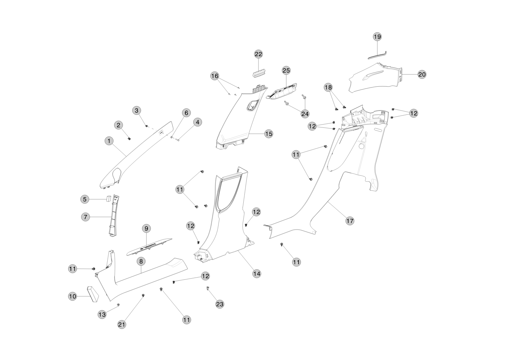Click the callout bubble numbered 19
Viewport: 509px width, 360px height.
coord(377,37)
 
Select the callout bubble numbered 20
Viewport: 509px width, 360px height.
coord(422,75)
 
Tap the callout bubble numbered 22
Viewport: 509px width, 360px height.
coord(258,54)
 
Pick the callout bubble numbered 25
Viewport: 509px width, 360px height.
coord(286,71)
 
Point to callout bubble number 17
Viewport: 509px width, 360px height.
coord(350,221)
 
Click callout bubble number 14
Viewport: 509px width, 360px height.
coord(256,274)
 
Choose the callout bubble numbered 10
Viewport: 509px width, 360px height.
coord(73,296)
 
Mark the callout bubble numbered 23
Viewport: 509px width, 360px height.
coord(220,304)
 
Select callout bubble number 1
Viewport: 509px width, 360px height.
coord(109,141)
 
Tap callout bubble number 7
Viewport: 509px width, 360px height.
coord(85,217)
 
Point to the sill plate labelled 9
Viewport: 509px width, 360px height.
coord(149,247)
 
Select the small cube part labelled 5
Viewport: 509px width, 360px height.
coord(108,198)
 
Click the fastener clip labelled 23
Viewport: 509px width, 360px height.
coord(208,289)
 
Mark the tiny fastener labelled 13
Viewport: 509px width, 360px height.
coord(118,305)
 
